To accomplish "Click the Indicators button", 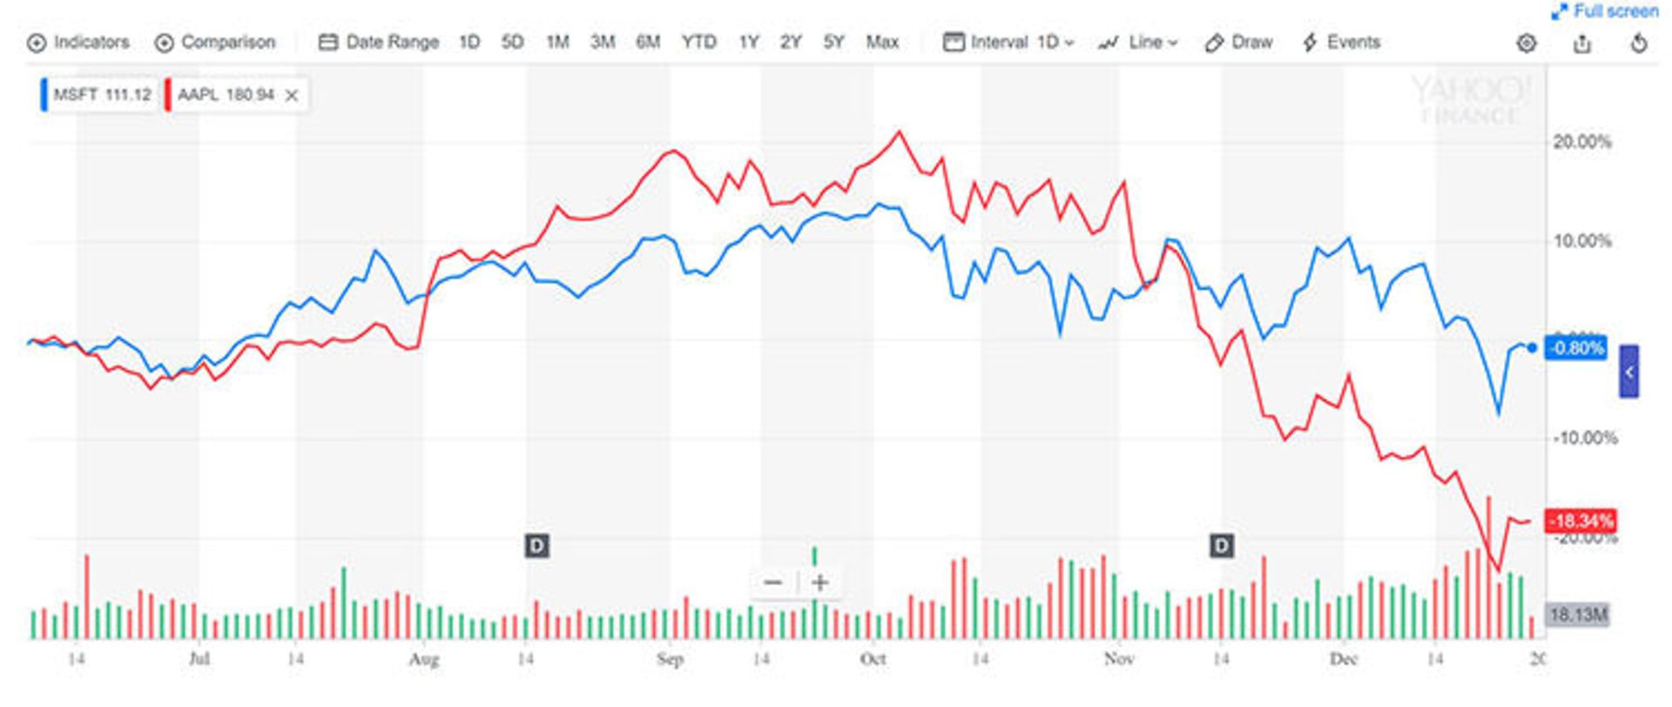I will (78, 42).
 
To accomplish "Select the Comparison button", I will (215, 42).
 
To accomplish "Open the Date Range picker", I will (379, 42).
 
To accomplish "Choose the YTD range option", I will (698, 42).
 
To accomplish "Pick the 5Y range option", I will (833, 42).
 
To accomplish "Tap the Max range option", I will (882, 42).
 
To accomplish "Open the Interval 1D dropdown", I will (1009, 42).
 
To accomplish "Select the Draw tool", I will (1239, 42).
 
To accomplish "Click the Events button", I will (1341, 42).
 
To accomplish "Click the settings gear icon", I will (1526, 43).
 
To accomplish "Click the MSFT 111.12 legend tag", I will (98, 94).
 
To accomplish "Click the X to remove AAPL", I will (292, 96).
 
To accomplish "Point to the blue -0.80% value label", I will (1575, 348).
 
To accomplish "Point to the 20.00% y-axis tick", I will (1581, 142).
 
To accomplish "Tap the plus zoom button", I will (819, 582).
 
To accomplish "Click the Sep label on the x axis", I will (670, 659).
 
